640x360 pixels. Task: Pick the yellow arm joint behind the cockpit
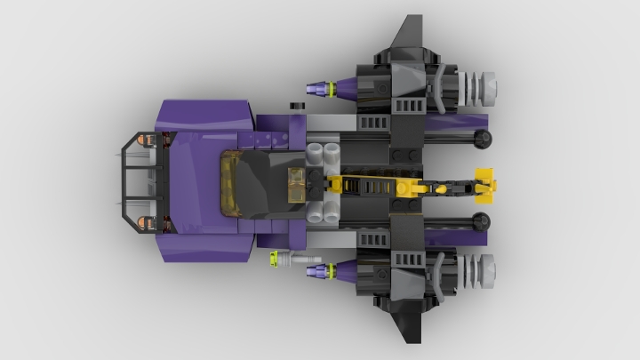[x=338, y=184]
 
